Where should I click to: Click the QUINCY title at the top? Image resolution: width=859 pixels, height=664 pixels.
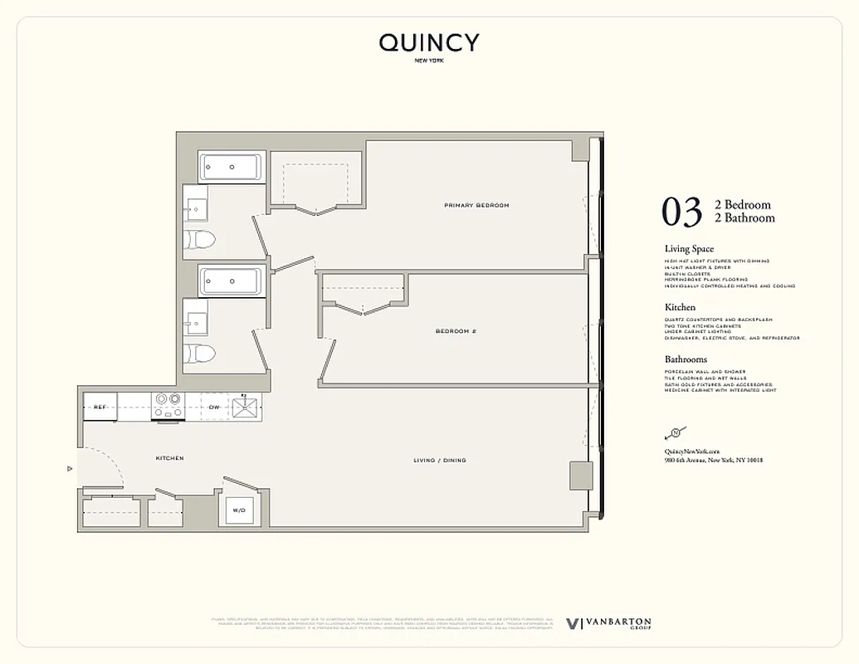(429, 43)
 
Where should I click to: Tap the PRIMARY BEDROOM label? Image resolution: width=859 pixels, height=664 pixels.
(476, 205)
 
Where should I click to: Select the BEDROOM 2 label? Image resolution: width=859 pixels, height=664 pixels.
(456, 330)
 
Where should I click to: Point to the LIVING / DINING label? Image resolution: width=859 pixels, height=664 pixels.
(440, 460)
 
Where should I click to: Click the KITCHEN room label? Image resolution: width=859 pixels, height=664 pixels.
(169, 458)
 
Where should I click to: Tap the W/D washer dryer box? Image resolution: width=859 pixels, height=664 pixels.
(239, 510)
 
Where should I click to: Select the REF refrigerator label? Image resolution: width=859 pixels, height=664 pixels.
(100, 407)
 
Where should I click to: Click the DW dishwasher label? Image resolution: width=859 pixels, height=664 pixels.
(213, 407)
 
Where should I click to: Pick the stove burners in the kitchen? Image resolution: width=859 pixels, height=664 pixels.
(168, 404)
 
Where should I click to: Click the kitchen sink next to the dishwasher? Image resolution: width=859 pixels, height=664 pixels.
(246, 407)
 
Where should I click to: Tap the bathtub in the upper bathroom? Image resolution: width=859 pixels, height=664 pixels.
(232, 167)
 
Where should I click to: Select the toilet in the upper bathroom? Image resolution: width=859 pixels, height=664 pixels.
(199, 240)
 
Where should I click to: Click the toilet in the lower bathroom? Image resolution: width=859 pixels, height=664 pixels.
(199, 353)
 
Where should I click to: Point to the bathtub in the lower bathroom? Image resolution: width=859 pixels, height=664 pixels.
(232, 281)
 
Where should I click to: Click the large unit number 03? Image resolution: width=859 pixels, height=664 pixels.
(682, 212)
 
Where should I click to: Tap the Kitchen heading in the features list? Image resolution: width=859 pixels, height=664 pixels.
(680, 307)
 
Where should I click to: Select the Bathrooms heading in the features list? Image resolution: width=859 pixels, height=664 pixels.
(686, 359)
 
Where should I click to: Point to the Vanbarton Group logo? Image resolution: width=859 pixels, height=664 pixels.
(608, 623)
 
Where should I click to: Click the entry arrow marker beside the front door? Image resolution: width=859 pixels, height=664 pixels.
(71, 468)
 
